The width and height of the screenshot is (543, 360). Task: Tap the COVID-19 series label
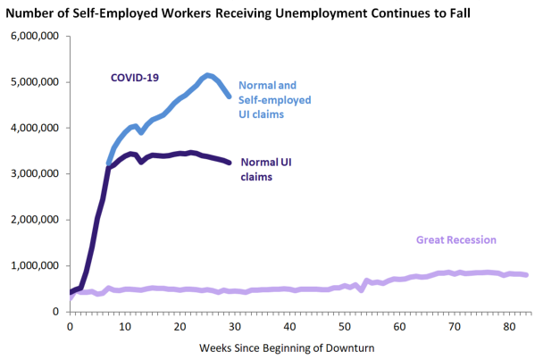[x=135, y=78]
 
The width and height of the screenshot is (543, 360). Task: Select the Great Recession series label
[x=455, y=239]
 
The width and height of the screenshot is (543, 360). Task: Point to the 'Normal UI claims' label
[x=267, y=170]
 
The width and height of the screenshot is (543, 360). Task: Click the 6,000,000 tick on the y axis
[x=34, y=36]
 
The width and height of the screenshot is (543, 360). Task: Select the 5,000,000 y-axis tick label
[x=34, y=82]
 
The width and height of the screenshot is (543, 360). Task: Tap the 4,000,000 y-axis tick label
[x=34, y=128]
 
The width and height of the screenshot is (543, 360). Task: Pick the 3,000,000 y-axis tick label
[x=34, y=173]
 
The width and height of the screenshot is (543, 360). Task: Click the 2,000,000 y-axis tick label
[x=34, y=220]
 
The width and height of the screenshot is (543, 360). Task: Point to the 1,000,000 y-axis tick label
[x=34, y=265]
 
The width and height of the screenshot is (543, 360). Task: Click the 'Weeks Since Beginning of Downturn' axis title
[x=290, y=347]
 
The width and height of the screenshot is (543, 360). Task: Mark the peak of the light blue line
[x=208, y=76]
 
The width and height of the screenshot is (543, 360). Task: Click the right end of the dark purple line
[x=230, y=163]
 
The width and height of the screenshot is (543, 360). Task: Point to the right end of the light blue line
[x=230, y=96]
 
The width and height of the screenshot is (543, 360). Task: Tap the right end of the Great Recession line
[x=526, y=275]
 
